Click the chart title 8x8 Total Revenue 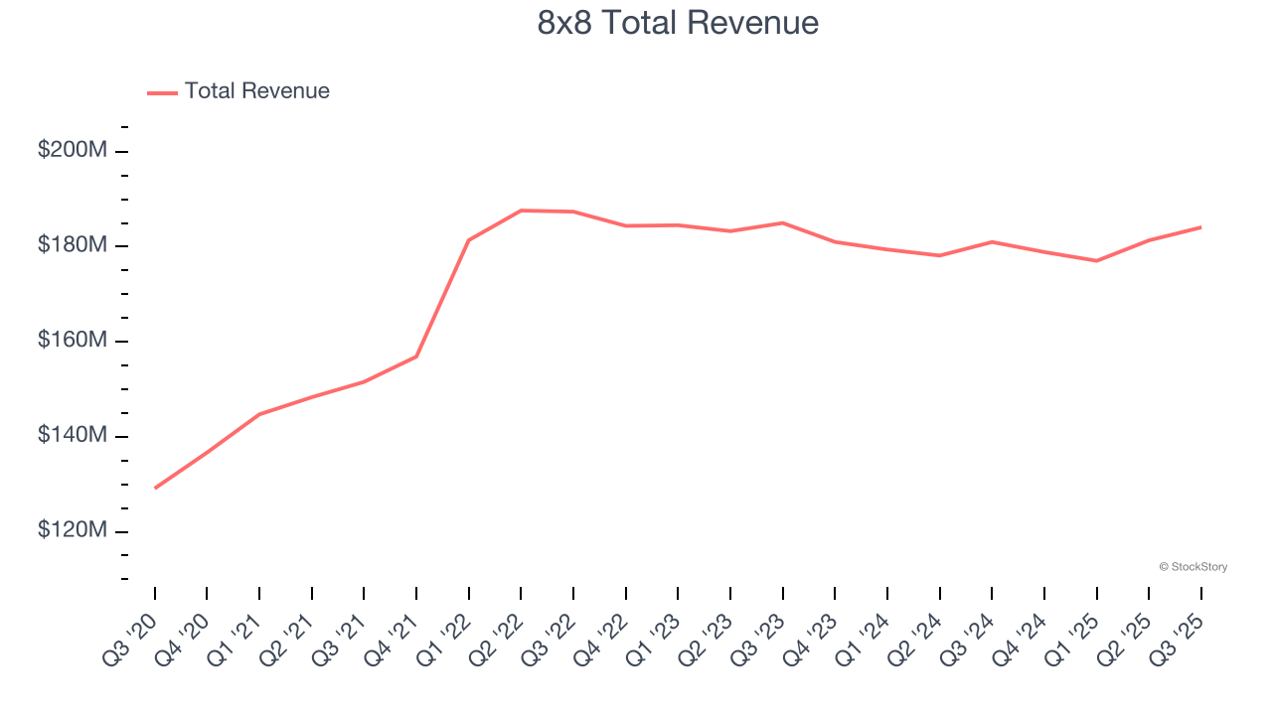(x=678, y=23)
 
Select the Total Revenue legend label (x=256, y=91)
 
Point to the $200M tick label (x=73, y=151)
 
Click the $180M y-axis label (x=73, y=245)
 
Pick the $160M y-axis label (x=73, y=341)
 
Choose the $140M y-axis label (x=73, y=436)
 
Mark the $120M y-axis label (x=73, y=531)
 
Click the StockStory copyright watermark (x=1192, y=567)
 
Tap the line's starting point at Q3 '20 (x=155, y=488)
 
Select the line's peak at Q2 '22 (x=521, y=211)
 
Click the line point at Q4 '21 (x=416, y=357)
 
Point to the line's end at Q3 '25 (x=1200, y=227)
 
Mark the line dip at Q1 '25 (x=1096, y=261)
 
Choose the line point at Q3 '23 (x=782, y=222)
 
